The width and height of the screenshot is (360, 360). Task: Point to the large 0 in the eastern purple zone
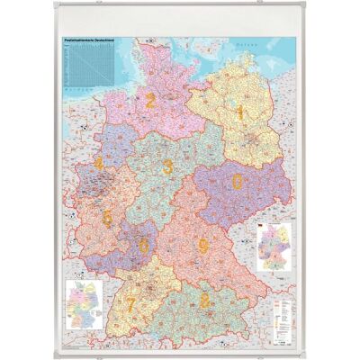coord(237,182)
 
